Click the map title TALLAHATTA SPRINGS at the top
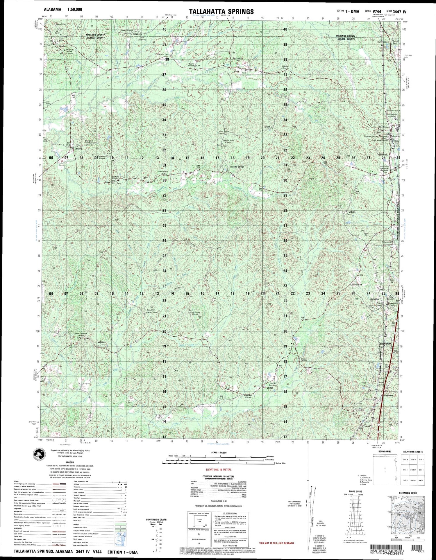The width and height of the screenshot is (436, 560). pyautogui.click(x=221, y=12)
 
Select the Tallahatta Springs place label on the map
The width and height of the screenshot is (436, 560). pyautogui.click(x=236, y=167)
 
